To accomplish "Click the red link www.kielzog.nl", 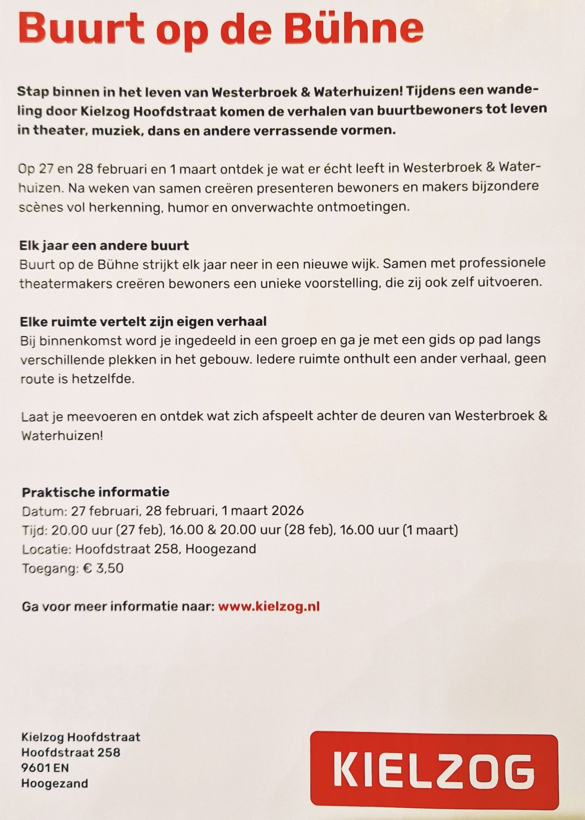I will tap(269, 606).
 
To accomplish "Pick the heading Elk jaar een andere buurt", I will tap(104, 246).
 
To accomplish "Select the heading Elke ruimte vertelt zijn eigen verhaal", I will tap(144, 321).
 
